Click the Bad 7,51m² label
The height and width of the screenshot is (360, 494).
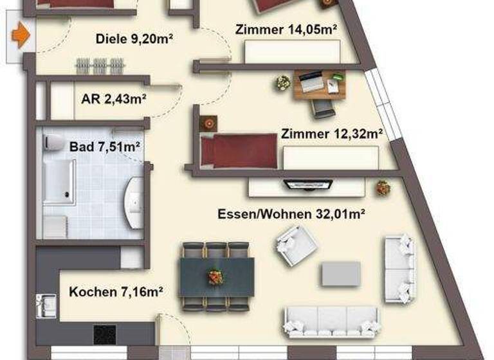coord(105,147)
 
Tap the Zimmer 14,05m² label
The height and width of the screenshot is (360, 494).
coord(287,29)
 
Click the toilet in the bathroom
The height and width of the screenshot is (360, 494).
coord(54,143)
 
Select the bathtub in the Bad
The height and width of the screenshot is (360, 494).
coord(59,182)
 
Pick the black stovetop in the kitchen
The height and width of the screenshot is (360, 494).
coord(105,334)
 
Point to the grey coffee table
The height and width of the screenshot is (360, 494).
coord(341,273)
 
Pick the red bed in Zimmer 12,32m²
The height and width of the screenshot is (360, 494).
coord(238,150)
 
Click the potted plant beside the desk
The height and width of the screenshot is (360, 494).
coord(283,82)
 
